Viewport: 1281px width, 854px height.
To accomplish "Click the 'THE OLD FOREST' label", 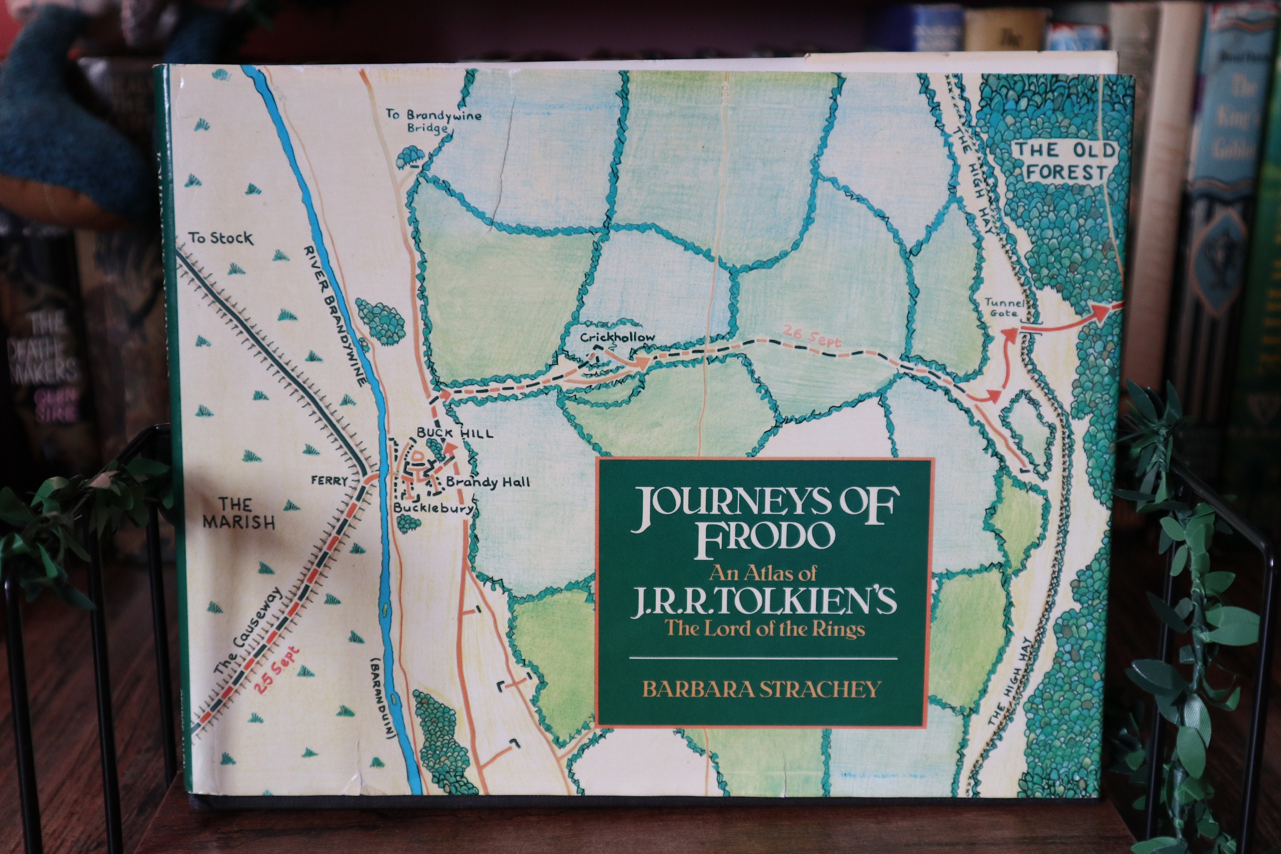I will click(1064, 161).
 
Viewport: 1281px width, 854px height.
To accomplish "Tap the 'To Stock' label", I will click(221, 238).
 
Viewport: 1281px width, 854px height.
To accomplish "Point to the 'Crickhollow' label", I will click(617, 337).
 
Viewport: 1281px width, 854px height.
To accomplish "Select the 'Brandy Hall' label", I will click(488, 482).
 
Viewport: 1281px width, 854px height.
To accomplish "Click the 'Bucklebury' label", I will click(433, 508).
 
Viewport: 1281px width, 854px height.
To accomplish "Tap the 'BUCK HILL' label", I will click(455, 433).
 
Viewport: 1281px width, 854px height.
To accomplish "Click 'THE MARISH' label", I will click(239, 513).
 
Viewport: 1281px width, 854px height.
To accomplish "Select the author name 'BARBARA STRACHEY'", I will click(761, 689).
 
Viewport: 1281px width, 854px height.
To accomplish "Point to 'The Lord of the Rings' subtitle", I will click(765, 629).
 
